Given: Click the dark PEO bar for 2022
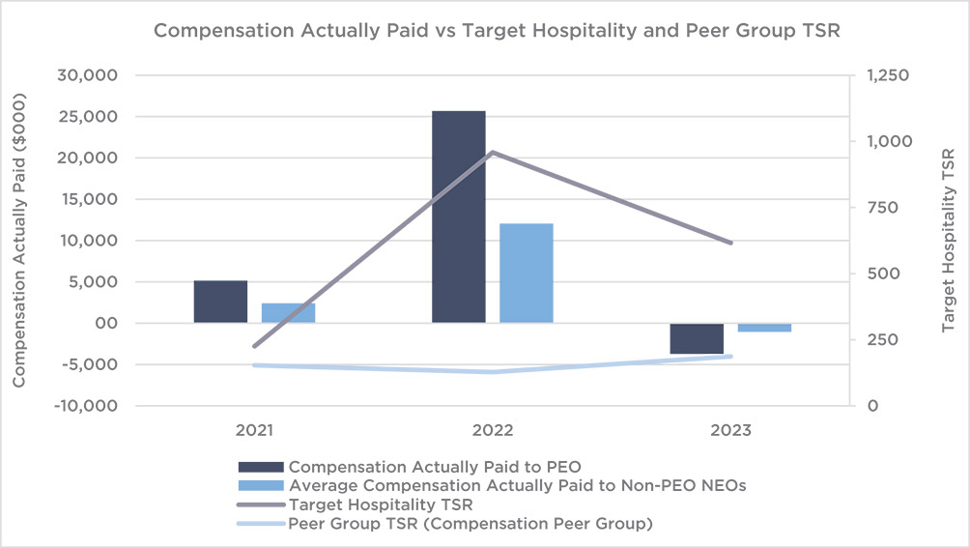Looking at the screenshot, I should tap(458, 216).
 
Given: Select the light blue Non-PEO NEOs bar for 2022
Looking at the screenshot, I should tap(526, 273).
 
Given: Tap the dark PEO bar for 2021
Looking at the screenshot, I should tap(220, 302).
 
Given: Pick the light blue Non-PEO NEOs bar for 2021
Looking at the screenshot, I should tap(288, 312).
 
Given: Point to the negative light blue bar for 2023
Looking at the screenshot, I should tap(764, 328).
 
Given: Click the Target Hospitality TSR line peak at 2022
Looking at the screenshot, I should tap(492, 152).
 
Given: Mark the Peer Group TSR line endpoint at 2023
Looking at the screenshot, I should tap(730, 357).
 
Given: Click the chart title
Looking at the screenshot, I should tap(484, 30).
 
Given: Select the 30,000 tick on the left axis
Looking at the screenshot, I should tap(89, 75).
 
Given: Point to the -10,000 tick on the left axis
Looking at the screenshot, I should tap(85, 406).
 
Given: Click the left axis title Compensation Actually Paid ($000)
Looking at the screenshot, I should tap(19, 241).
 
